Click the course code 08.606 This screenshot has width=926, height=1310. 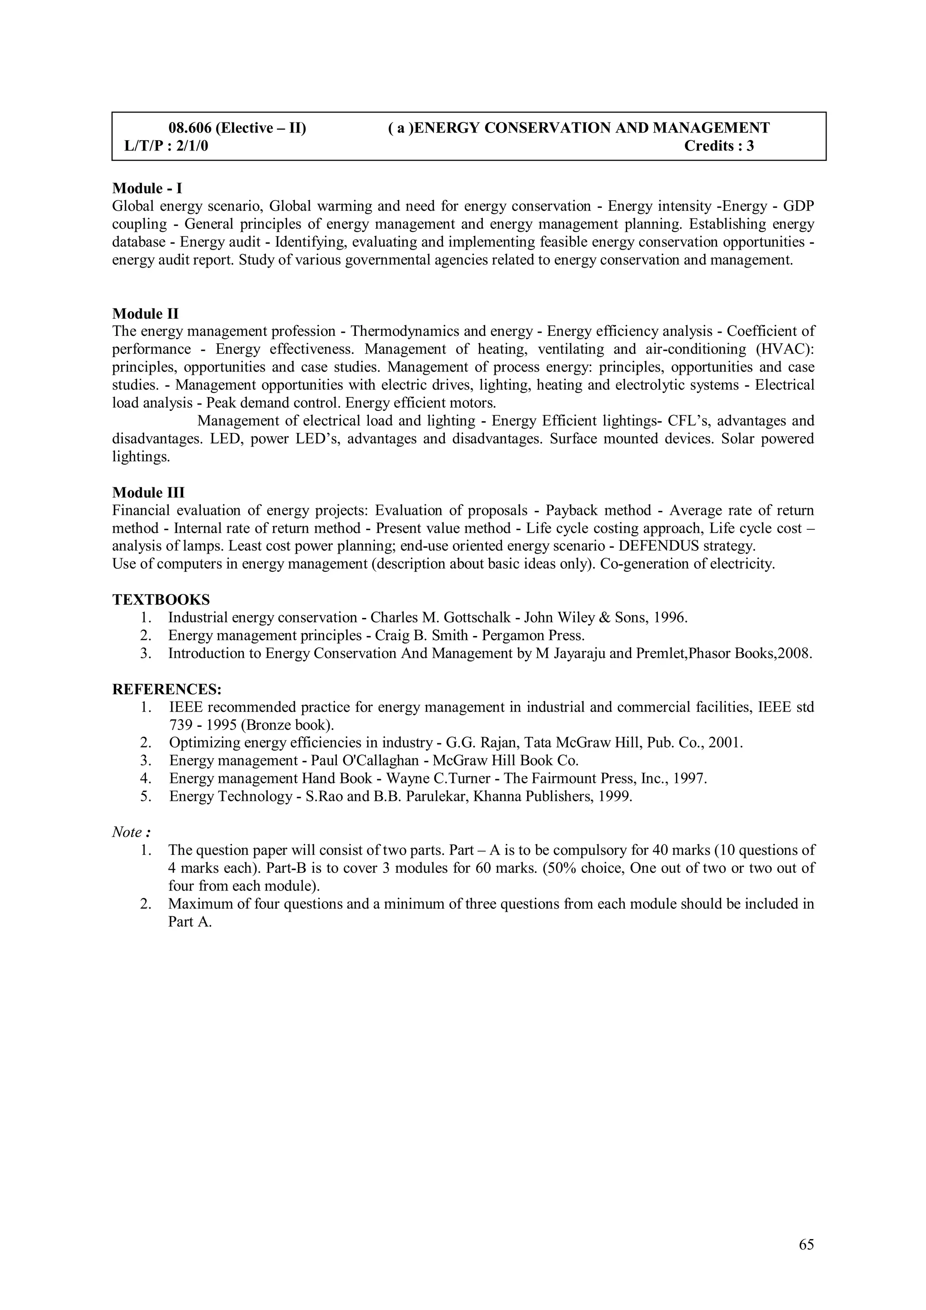click(190, 128)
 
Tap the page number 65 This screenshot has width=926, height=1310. click(806, 1244)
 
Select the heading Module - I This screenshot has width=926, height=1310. click(147, 188)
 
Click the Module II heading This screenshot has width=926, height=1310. click(146, 314)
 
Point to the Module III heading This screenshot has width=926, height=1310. click(148, 492)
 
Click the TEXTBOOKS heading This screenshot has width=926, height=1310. click(161, 600)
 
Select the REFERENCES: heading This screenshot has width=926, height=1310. click(166, 689)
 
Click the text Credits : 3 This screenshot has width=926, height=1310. click(719, 146)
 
